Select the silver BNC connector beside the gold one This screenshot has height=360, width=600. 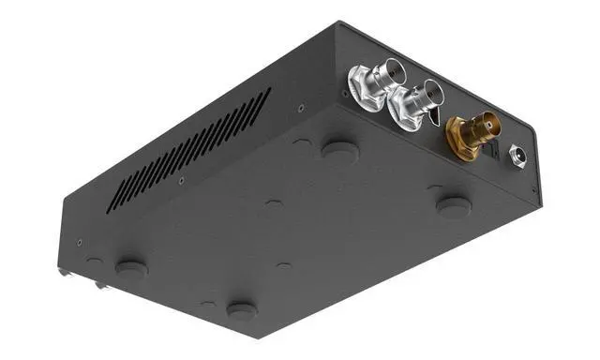[416, 100]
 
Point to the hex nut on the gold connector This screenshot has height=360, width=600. [457, 138]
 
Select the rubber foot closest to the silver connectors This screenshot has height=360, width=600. [338, 148]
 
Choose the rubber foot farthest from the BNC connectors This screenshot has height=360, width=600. [131, 269]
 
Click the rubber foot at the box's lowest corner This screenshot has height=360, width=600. [242, 309]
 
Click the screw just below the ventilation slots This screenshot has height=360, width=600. [181, 180]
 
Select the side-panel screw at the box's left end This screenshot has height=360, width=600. [80, 243]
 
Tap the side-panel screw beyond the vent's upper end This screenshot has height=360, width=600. [300, 108]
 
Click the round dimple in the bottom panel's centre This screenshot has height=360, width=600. [273, 202]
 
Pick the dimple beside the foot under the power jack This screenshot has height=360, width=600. [433, 188]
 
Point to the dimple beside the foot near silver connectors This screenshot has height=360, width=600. [302, 142]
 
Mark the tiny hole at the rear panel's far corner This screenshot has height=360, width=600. [534, 190]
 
